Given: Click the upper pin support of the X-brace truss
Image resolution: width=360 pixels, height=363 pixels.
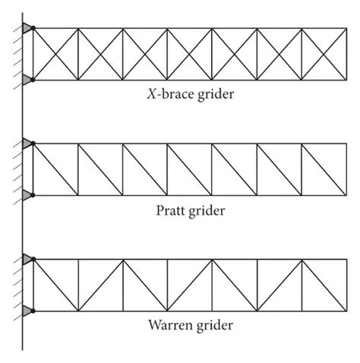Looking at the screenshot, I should click(x=28, y=29).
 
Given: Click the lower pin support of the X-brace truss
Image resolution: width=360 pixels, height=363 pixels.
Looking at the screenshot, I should click(x=28, y=79).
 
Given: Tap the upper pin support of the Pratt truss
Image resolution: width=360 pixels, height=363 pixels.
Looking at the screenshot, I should click(x=28, y=143).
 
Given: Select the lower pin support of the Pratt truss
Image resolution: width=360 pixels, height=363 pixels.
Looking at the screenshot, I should click(x=28, y=194).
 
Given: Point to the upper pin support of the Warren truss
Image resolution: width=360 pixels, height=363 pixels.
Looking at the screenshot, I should click(x=28, y=260).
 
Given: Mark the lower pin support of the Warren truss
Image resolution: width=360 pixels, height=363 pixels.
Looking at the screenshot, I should click(x=28, y=310).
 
